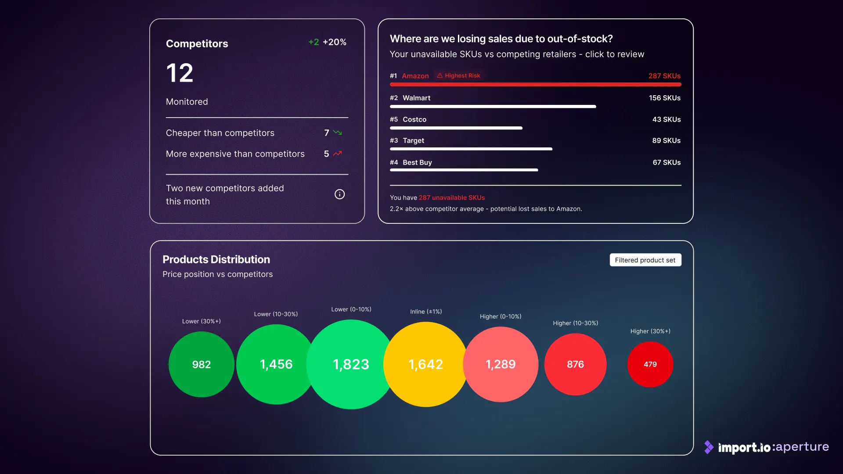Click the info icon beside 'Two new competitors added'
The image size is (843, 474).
pyautogui.click(x=339, y=194)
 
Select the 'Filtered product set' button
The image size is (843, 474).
pyautogui.click(x=645, y=260)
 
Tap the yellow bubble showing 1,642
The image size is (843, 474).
pyautogui.click(x=426, y=364)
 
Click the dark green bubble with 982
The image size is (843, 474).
pyautogui.click(x=202, y=364)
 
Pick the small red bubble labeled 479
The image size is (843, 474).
pyautogui.click(x=650, y=364)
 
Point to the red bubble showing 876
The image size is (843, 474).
pyautogui.click(x=576, y=364)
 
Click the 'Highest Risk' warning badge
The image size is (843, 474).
pyautogui.click(x=459, y=75)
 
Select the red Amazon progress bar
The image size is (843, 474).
pyautogui.click(x=536, y=84)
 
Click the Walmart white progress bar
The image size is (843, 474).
pyautogui.click(x=493, y=107)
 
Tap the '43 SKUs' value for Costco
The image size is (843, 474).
pyautogui.click(x=666, y=119)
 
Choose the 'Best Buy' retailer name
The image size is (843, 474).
pyautogui.click(x=418, y=162)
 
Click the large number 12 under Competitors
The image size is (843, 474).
pyautogui.click(x=180, y=73)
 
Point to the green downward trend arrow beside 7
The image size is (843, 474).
pyautogui.click(x=338, y=133)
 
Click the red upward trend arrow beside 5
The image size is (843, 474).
pyautogui.click(x=337, y=154)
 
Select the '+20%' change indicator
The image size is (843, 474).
pyautogui.click(x=335, y=42)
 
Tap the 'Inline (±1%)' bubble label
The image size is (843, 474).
pyautogui.click(x=426, y=312)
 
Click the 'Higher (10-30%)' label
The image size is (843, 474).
pyautogui.click(x=576, y=323)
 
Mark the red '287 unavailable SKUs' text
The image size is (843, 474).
pyautogui.click(x=452, y=198)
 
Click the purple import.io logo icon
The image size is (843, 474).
pyautogui.click(x=709, y=447)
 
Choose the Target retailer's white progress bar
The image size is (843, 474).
pyautogui.click(x=471, y=149)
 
